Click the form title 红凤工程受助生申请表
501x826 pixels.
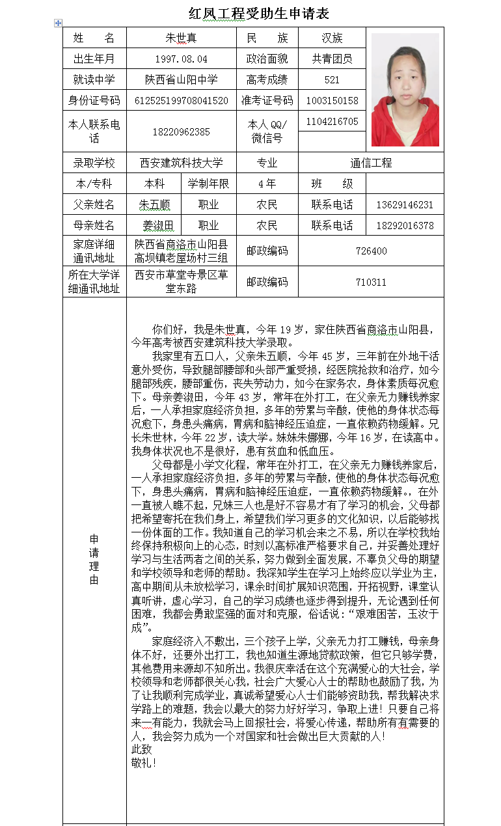click(258, 14)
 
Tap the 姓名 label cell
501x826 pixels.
click(94, 38)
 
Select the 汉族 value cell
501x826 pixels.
click(332, 38)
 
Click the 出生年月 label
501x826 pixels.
click(94, 59)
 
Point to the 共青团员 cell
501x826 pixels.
click(332, 59)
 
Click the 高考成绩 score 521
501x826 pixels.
click(332, 79)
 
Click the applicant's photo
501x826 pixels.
click(405, 90)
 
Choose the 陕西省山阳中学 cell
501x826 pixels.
click(181, 79)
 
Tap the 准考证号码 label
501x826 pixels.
click(267, 100)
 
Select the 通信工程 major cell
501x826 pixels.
click(371, 163)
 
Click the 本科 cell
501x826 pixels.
click(154, 184)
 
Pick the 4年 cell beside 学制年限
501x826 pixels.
click(267, 184)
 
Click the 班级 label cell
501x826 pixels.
click(332, 184)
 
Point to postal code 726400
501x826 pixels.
click(371, 251)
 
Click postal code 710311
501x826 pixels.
click(371, 282)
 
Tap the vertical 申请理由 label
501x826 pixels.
click(94, 559)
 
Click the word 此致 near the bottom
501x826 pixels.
click(141, 749)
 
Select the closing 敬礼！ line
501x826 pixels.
click(144, 762)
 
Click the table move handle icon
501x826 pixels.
click(58, 23)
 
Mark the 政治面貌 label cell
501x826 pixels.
click(267, 59)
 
